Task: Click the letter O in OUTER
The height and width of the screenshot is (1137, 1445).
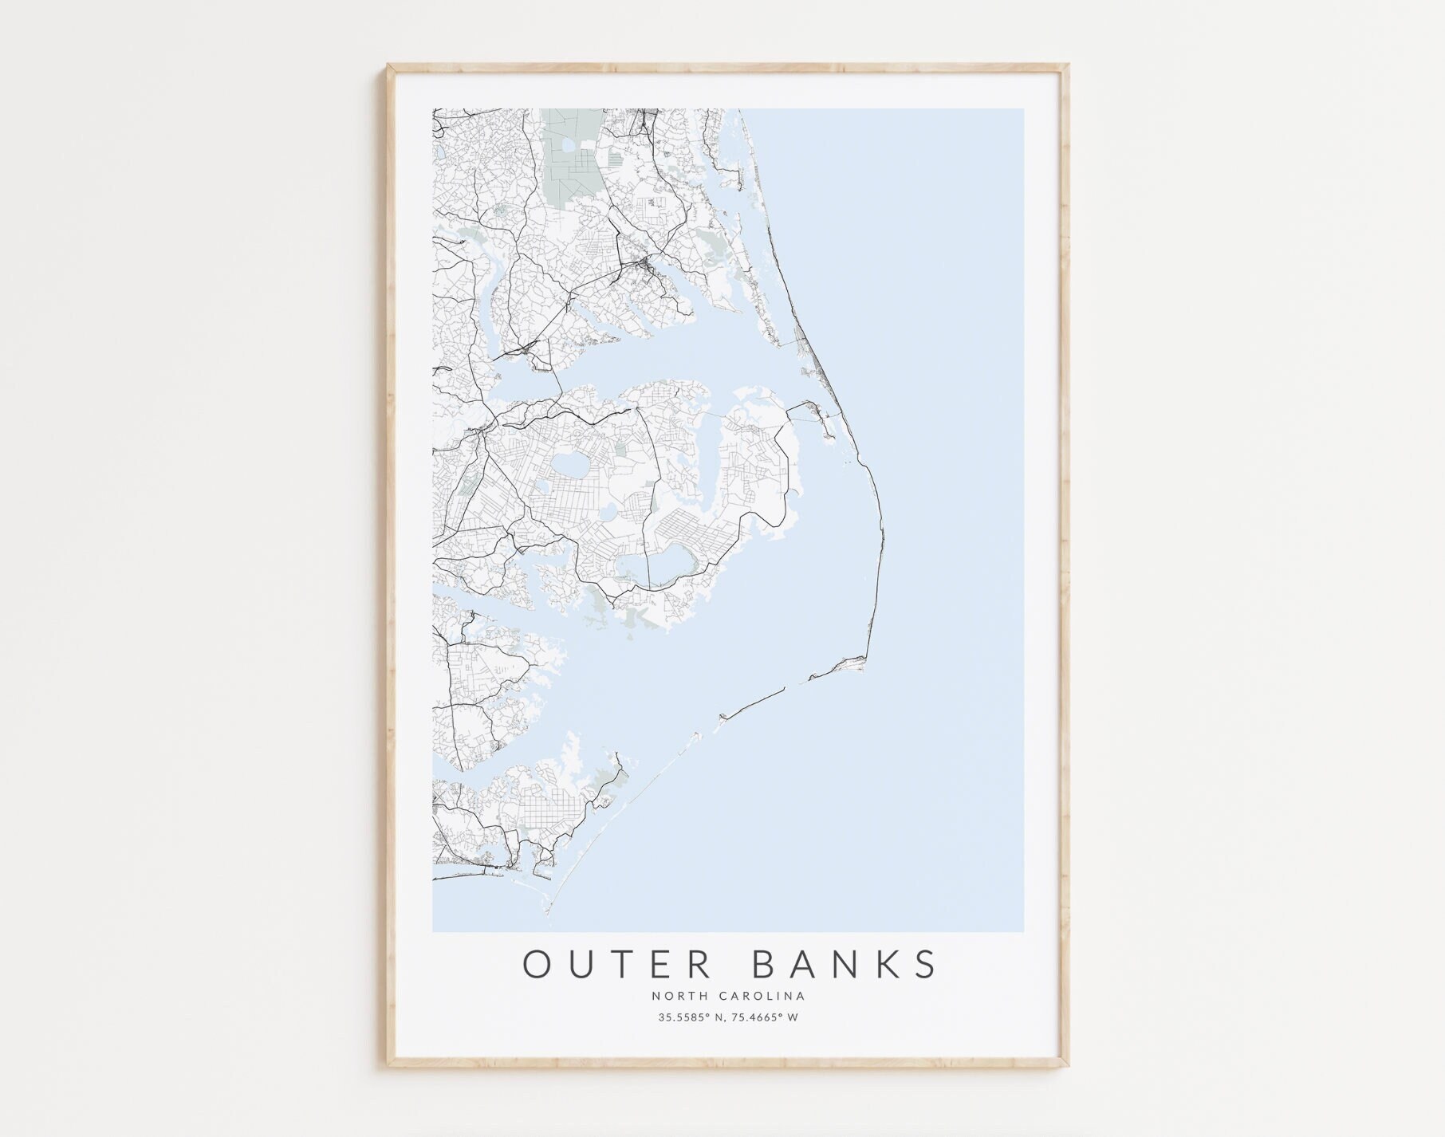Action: click(536, 964)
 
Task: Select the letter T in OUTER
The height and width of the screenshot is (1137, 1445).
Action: click(620, 964)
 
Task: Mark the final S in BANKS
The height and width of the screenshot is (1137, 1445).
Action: click(927, 964)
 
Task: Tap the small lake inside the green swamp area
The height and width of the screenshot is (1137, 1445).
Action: click(569, 147)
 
